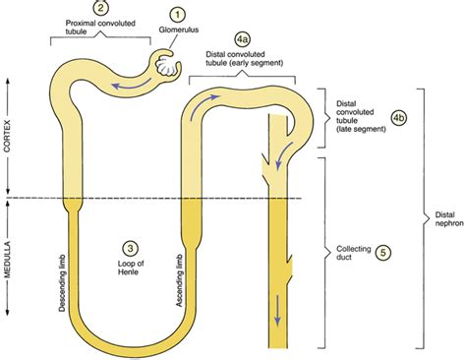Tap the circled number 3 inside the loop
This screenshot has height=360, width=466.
coord(130,248)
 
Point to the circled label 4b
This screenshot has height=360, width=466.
coord(398,117)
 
